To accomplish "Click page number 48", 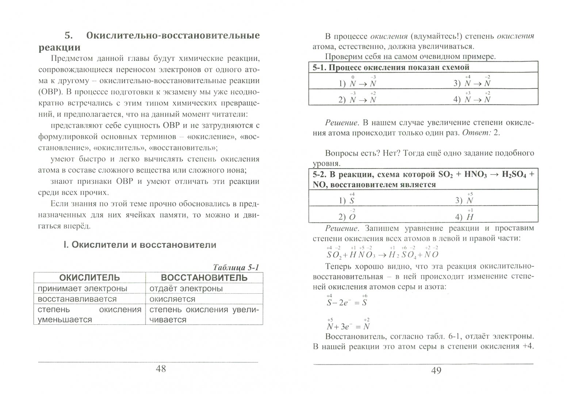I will pos(161,369).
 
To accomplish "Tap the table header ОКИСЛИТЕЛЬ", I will pos(89,278).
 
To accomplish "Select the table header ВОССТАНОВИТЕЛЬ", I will pos(204,278).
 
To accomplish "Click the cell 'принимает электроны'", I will pos(83,289).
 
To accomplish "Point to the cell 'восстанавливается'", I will pos(77,299).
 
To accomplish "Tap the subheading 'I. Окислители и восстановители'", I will pos(140,245).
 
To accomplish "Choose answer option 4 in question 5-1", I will pos(472,100).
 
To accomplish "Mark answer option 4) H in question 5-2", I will pos(464,217).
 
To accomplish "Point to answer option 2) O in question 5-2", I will pos(347,217).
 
